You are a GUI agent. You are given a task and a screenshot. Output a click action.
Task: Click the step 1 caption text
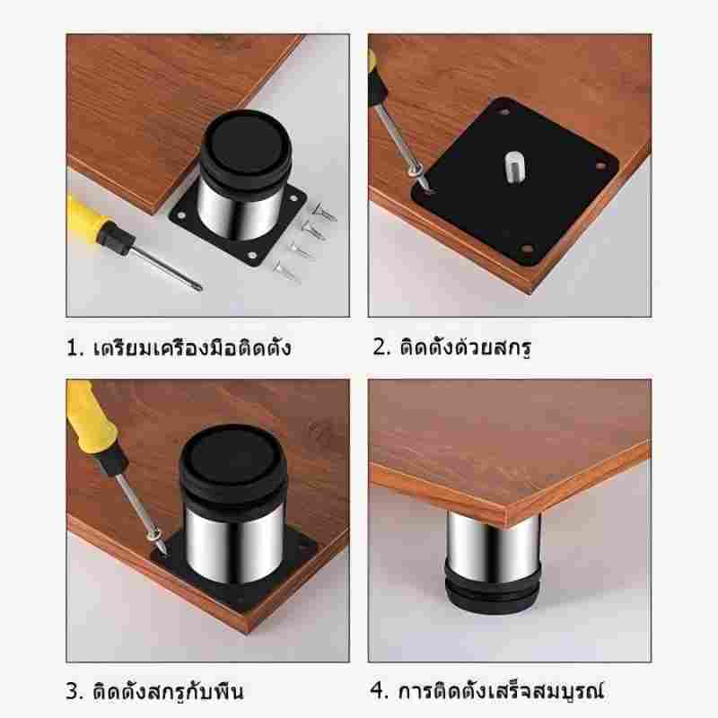(x=179, y=347)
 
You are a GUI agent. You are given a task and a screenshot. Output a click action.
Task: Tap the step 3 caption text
(x=154, y=691)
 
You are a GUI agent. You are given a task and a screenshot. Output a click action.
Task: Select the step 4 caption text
(x=486, y=691)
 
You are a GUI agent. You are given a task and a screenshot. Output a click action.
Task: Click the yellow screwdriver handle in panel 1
(x=87, y=221)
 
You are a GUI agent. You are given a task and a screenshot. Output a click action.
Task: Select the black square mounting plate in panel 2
(x=514, y=182)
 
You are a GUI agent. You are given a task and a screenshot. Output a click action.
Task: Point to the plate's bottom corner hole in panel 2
(x=527, y=250)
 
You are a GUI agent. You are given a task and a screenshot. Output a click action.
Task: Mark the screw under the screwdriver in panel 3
(x=156, y=540)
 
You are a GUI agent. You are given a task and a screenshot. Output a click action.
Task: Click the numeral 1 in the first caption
(x=74, y=348)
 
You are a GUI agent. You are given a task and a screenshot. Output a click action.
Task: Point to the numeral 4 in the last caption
(x=377, y=691)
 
